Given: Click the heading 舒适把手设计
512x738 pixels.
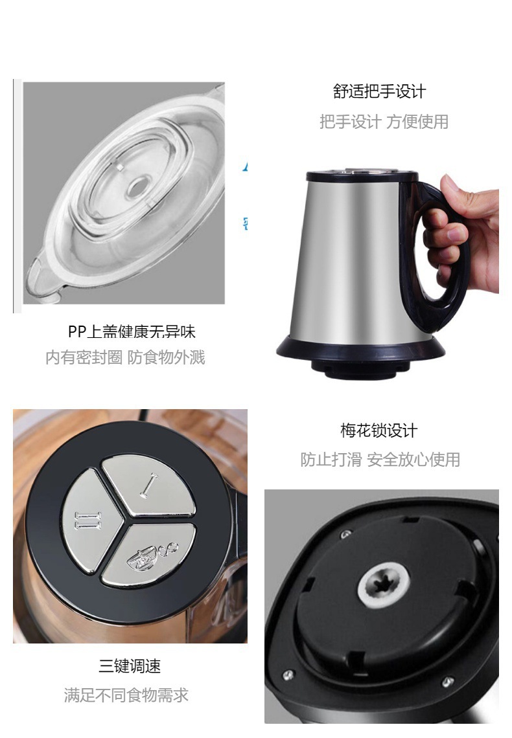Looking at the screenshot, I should tap(379, 91).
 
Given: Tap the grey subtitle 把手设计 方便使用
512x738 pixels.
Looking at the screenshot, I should tap(384, 122).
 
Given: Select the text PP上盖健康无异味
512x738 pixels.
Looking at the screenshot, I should tap(132, 332).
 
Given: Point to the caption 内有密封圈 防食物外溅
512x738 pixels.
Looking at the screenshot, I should tap(125, 357).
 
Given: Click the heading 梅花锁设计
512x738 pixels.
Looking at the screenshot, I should tap(379, 430).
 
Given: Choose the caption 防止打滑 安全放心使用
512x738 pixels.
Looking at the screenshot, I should tap(380, 460).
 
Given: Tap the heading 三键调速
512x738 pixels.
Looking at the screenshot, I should tap(130, 665).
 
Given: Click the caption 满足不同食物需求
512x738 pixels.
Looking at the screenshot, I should tap(126, 695).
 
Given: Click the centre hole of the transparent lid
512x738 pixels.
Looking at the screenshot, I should tap(137, 188).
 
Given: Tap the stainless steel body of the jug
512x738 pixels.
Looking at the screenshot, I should tap(350, 259).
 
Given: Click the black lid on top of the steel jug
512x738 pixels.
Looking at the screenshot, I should tap(353, 174).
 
